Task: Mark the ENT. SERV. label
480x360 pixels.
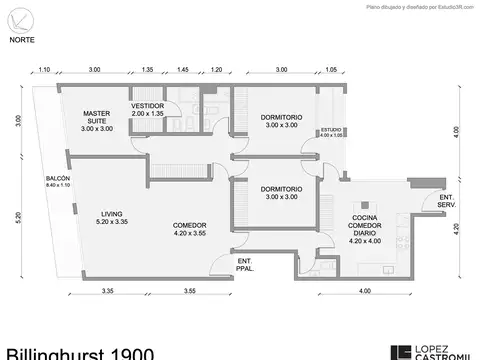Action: (447, 204)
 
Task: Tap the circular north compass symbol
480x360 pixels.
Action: (19, 17)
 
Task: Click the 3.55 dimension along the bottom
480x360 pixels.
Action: (189, 291)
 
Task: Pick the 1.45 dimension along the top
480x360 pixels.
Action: (183, 70)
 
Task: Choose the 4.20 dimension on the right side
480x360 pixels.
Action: (456, 228)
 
